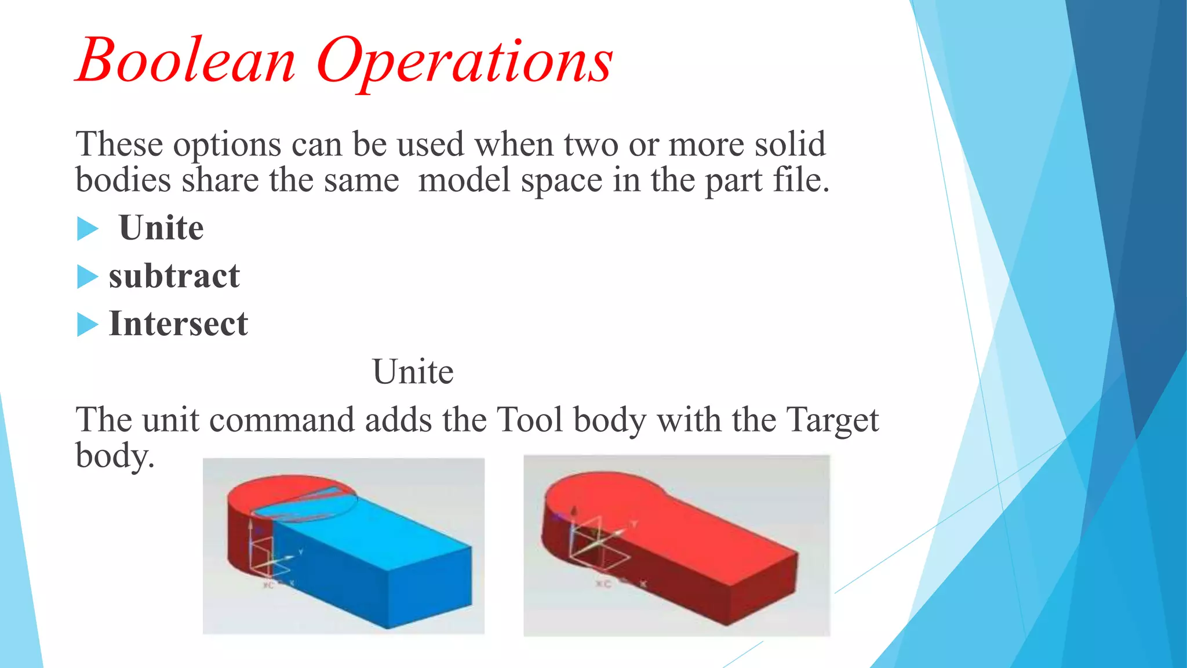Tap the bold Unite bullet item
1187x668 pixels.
(x=161, y=227)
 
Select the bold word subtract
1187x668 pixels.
(x=174, y=276)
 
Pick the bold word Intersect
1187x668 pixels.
(x=178, y=324)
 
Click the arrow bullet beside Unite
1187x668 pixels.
(x=88, y=228)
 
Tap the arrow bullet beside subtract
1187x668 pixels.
(x=88, y=277)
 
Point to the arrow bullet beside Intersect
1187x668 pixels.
(x=88, y=324)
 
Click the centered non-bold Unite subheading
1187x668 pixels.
(x=413, y=372)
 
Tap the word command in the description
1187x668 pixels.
(x=282, y=419)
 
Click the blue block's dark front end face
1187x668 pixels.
(x=429, y=586)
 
